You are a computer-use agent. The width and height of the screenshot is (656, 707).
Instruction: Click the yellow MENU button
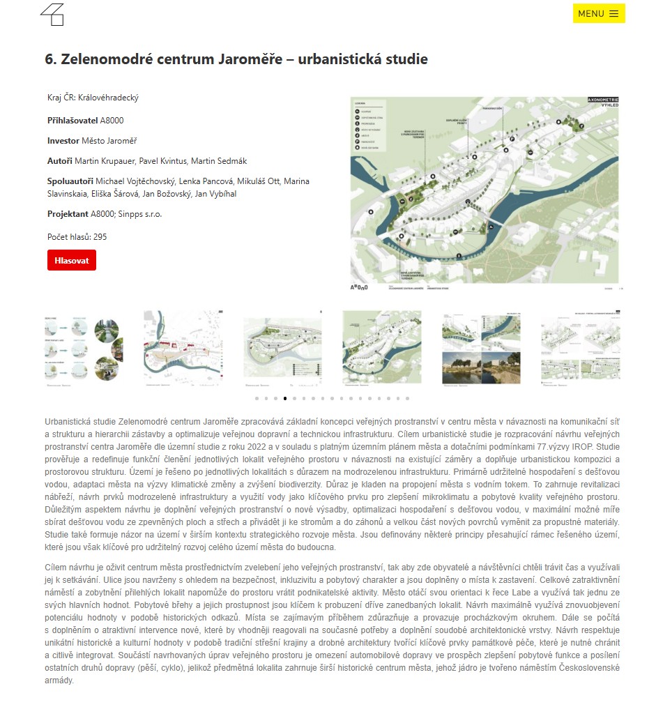598,13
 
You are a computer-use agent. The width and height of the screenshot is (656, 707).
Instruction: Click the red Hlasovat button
72,260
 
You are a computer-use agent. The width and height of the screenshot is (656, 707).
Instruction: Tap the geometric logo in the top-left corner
52,15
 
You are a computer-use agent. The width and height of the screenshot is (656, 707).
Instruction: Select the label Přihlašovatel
73,121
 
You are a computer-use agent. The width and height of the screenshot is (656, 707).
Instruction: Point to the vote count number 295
100,237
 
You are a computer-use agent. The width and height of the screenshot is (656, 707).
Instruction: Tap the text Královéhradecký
108,98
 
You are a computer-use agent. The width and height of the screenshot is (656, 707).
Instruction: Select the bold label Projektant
68,214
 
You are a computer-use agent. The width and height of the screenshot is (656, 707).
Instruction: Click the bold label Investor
63,141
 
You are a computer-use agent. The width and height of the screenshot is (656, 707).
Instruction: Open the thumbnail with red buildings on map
183,347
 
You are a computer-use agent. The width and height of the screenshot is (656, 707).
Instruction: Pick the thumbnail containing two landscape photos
480,347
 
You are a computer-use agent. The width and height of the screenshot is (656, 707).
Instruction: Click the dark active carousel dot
285,399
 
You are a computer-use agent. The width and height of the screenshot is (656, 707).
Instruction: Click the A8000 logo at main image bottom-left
358,287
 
